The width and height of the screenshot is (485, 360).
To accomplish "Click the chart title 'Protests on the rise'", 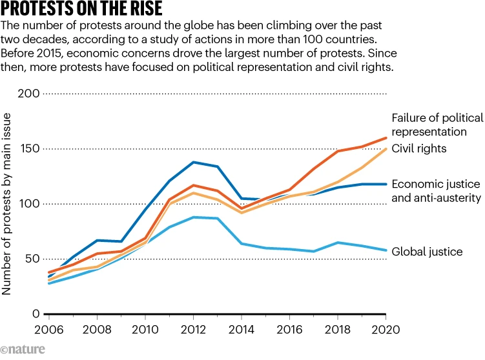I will point(81,10).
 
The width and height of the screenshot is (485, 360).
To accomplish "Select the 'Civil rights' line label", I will point(420,149).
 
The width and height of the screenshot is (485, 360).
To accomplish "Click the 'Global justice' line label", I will point(427,252).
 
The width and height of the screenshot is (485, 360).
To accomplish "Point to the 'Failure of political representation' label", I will point(437,125).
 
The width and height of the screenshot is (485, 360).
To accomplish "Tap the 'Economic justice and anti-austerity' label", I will point(437,190).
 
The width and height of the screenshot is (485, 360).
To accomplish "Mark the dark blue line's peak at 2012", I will point(193,162).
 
